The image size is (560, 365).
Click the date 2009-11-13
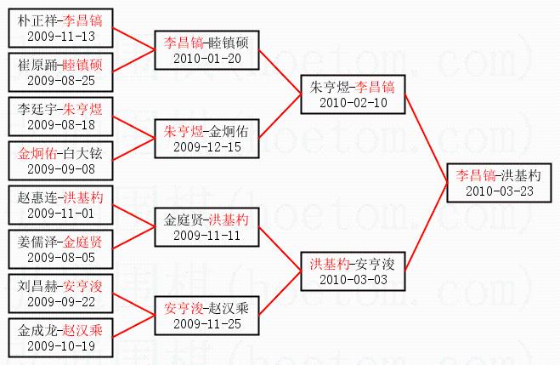click(x=61, y=37)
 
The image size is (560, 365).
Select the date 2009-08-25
click(x=61, y=81)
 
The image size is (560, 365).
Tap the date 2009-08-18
click(x=61, y=125)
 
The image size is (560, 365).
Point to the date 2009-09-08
click(x=61, y=168)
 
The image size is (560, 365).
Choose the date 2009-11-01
click(x=61, y=213)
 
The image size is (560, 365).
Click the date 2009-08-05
click(x=61, y=256)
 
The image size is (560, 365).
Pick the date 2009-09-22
click(x=61, y=301)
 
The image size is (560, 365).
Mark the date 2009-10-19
click(x=61, y=345)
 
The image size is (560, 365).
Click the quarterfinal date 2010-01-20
click(x=207, y=59)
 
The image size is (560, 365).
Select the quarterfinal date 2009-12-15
click(x=207, y=147)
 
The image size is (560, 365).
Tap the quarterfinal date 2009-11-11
click(x=207, y=235)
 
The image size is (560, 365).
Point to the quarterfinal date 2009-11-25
click(x=207, y=324)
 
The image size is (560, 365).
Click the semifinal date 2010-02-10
click(x=353, y=103)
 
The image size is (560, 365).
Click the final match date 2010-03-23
click(x=499, y=191)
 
